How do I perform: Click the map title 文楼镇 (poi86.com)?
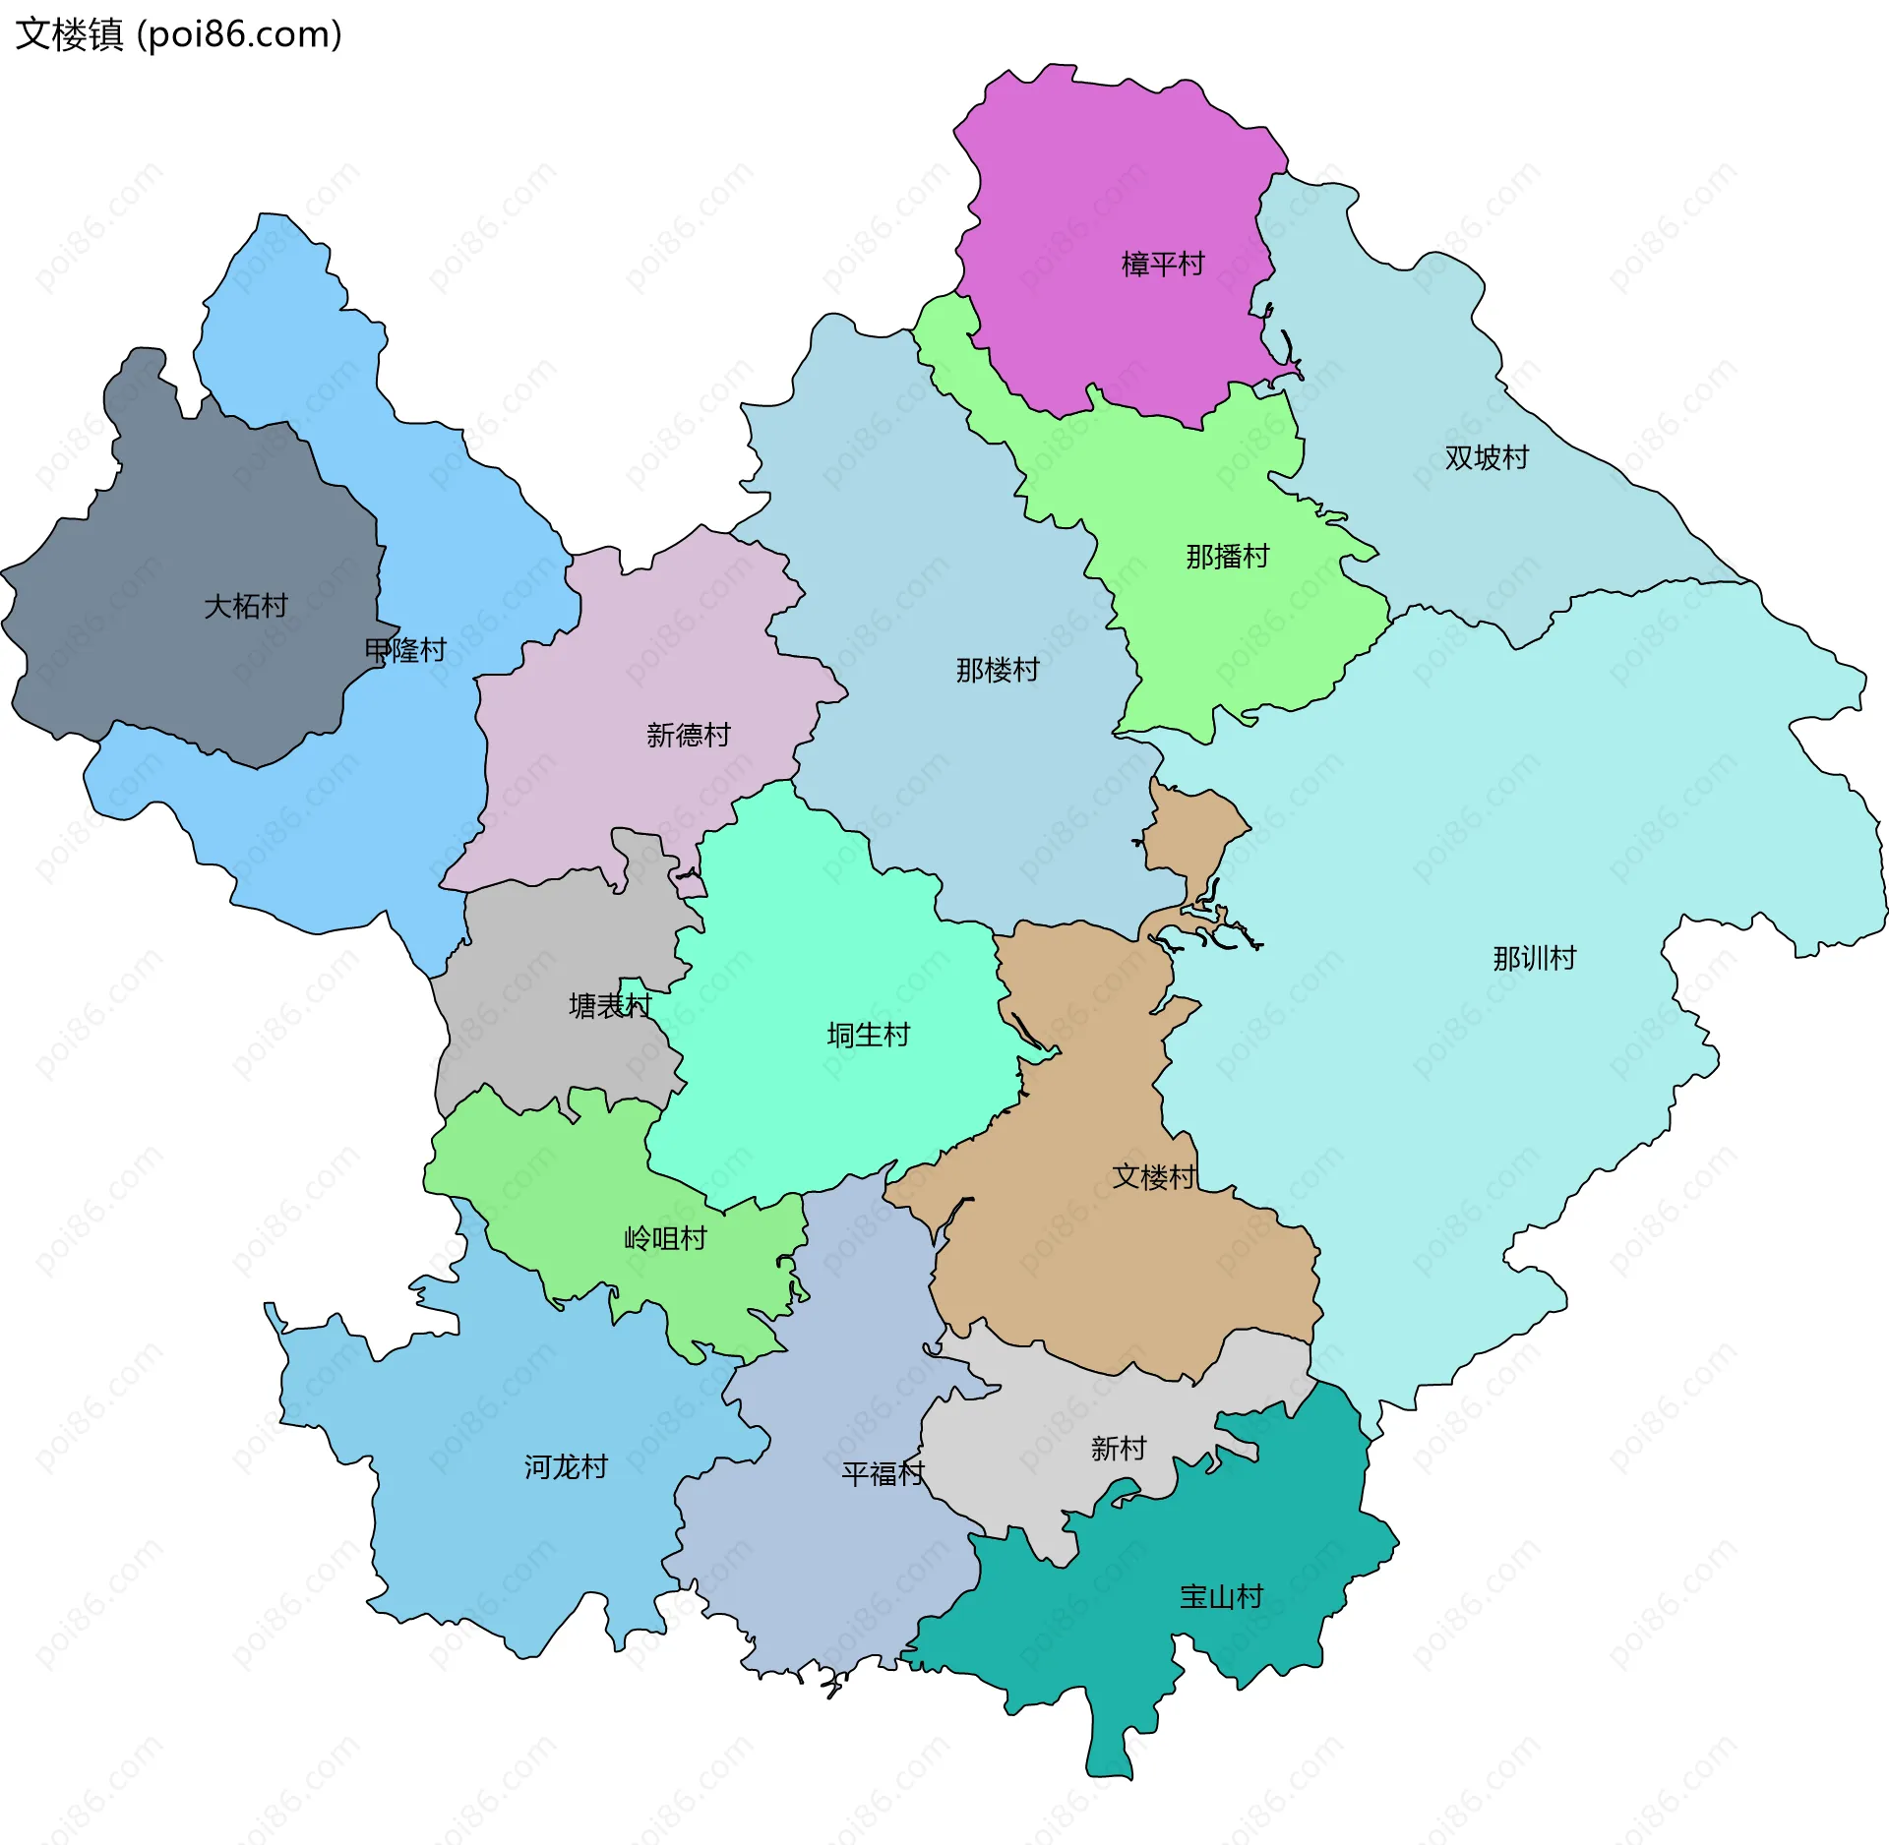[178, 34]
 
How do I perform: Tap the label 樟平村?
[1163, 264]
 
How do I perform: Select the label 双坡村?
[1487, 457]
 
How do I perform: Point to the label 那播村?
[1227, 557]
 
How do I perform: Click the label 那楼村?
[998, 670]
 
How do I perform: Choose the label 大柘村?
[246, 606]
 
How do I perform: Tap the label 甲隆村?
[405, 650]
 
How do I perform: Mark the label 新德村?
[688, 735]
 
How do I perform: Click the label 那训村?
[1534, 958]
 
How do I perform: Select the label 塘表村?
[610, 1005]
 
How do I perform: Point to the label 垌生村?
[868, 1035]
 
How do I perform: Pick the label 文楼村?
[1154, 1176]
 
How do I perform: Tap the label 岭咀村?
[665, 1238]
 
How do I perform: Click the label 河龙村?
[566, 1467]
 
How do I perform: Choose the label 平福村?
[883, 1473]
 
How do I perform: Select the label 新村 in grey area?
[1119, 1448]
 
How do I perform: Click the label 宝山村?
[1221, 1596]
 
